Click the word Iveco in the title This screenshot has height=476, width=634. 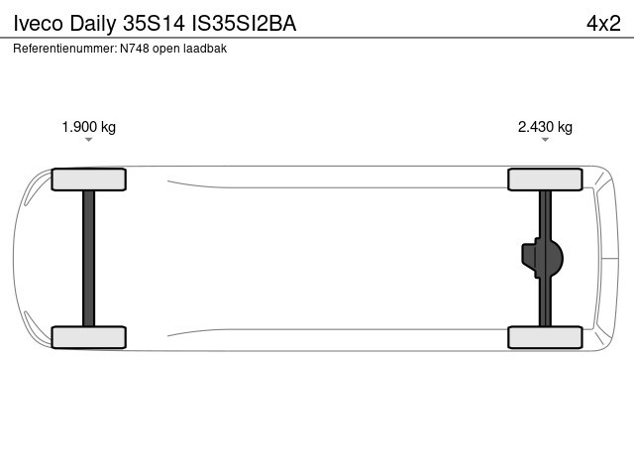39,24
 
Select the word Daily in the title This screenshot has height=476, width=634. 93,24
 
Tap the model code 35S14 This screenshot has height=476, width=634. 155,24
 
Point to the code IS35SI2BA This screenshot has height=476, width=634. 244,24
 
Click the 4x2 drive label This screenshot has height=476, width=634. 603,24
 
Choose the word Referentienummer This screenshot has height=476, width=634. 65,49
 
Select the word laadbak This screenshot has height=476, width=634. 205,49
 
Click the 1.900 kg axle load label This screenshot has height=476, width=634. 88,127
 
